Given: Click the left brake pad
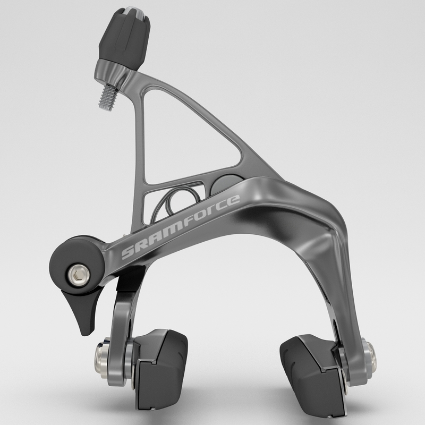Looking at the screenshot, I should coord(159,367).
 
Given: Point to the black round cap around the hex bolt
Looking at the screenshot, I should coord(69,266).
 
